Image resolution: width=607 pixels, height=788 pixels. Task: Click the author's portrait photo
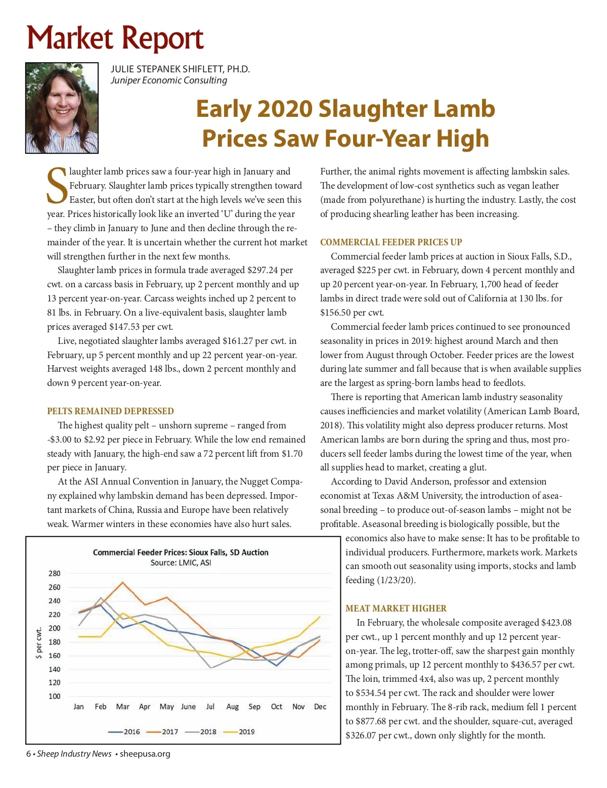(x=62, y=108)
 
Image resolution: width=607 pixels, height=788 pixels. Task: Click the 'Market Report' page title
(x=115, y=38)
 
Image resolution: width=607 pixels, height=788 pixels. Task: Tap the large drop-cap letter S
(x=57, y=185)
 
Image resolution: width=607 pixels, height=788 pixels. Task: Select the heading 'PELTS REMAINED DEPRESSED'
(x=110, y=411)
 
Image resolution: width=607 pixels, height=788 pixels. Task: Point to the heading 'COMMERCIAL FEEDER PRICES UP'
(x=391, y=242)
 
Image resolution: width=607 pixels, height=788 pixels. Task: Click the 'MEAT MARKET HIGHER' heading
(x=396, y=608)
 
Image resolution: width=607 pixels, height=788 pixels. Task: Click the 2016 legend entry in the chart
(x=124, y=731)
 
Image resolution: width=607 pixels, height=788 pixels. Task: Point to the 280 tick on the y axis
(x=55, y=574)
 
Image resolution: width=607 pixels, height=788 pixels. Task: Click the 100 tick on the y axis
(x=55, y=696)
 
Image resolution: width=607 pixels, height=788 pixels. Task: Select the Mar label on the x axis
(x=122, y=707)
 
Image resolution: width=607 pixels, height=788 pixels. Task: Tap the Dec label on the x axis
(x=320, y=707)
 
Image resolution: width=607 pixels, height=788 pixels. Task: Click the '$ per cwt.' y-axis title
(x=38, y=642)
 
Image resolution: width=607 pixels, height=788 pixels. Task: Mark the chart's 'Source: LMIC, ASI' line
(x=181, y=562)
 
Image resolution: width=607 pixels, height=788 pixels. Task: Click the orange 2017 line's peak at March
(x=122, y=582)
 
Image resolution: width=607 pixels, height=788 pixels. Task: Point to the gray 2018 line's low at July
(x=211, y=668)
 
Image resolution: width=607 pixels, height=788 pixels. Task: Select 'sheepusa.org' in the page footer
(x=145, y=754)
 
